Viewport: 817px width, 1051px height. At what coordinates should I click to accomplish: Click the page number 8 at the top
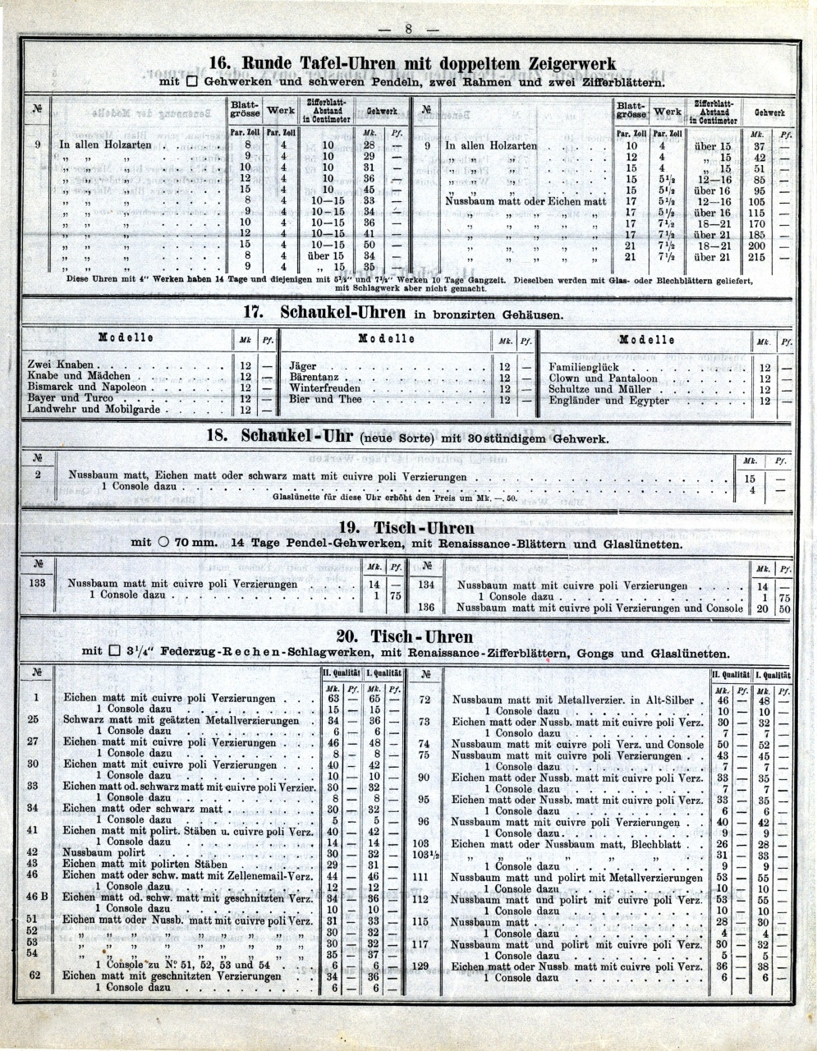pyautogui.click(x=408, y=30)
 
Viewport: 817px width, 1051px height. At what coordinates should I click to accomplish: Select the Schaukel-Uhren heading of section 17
pyautogui.click(x=343, y=313)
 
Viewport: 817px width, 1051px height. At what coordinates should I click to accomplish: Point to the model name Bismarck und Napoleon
pyautogui.click(x=87, y=387)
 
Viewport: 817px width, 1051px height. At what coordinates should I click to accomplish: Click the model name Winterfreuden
pyautogui.click(x=324, y=388)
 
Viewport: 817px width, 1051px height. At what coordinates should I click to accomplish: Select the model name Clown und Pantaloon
pyautogui.click(x=604, y=379)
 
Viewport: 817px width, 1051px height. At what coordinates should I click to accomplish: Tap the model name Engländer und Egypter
pyautogui.click(x=608, y=401)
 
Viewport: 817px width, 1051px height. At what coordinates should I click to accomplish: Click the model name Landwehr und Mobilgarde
pyautogui.click(x=94, y=409)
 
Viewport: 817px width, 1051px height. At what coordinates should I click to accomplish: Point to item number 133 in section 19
pyautogui.click(x=37, y=584)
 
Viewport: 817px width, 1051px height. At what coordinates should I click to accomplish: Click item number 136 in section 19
pyautogui.click(x=426, y=608)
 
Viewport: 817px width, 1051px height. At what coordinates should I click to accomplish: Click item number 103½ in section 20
pyautogui.click(x=425, y=855)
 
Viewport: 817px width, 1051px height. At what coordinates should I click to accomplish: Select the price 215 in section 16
pyautogui.click(x=756, y=257)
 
